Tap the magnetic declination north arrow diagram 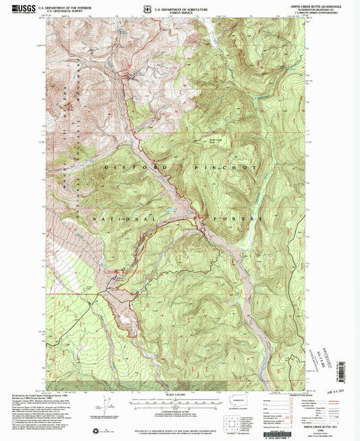(x=105, y=407)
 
